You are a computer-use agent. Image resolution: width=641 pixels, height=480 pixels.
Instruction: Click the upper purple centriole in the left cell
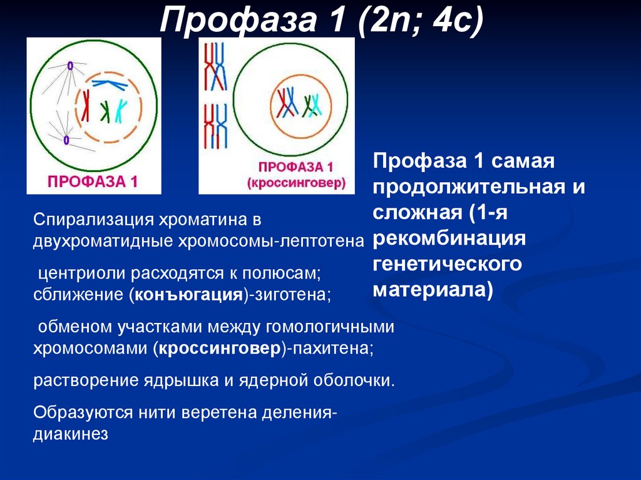tap(71, 65)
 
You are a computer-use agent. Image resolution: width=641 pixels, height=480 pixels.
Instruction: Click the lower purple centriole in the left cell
tap(66, 140)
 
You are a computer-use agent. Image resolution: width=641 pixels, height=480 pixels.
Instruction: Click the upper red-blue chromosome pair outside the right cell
tap(215, 67)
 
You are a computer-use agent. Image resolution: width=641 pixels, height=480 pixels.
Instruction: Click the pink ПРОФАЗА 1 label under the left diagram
tap(93, 181)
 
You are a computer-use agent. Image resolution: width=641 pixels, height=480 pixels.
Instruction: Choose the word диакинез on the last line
tap(71, 434)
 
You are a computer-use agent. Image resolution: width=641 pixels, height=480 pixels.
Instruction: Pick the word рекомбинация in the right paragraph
tap(449, 239)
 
